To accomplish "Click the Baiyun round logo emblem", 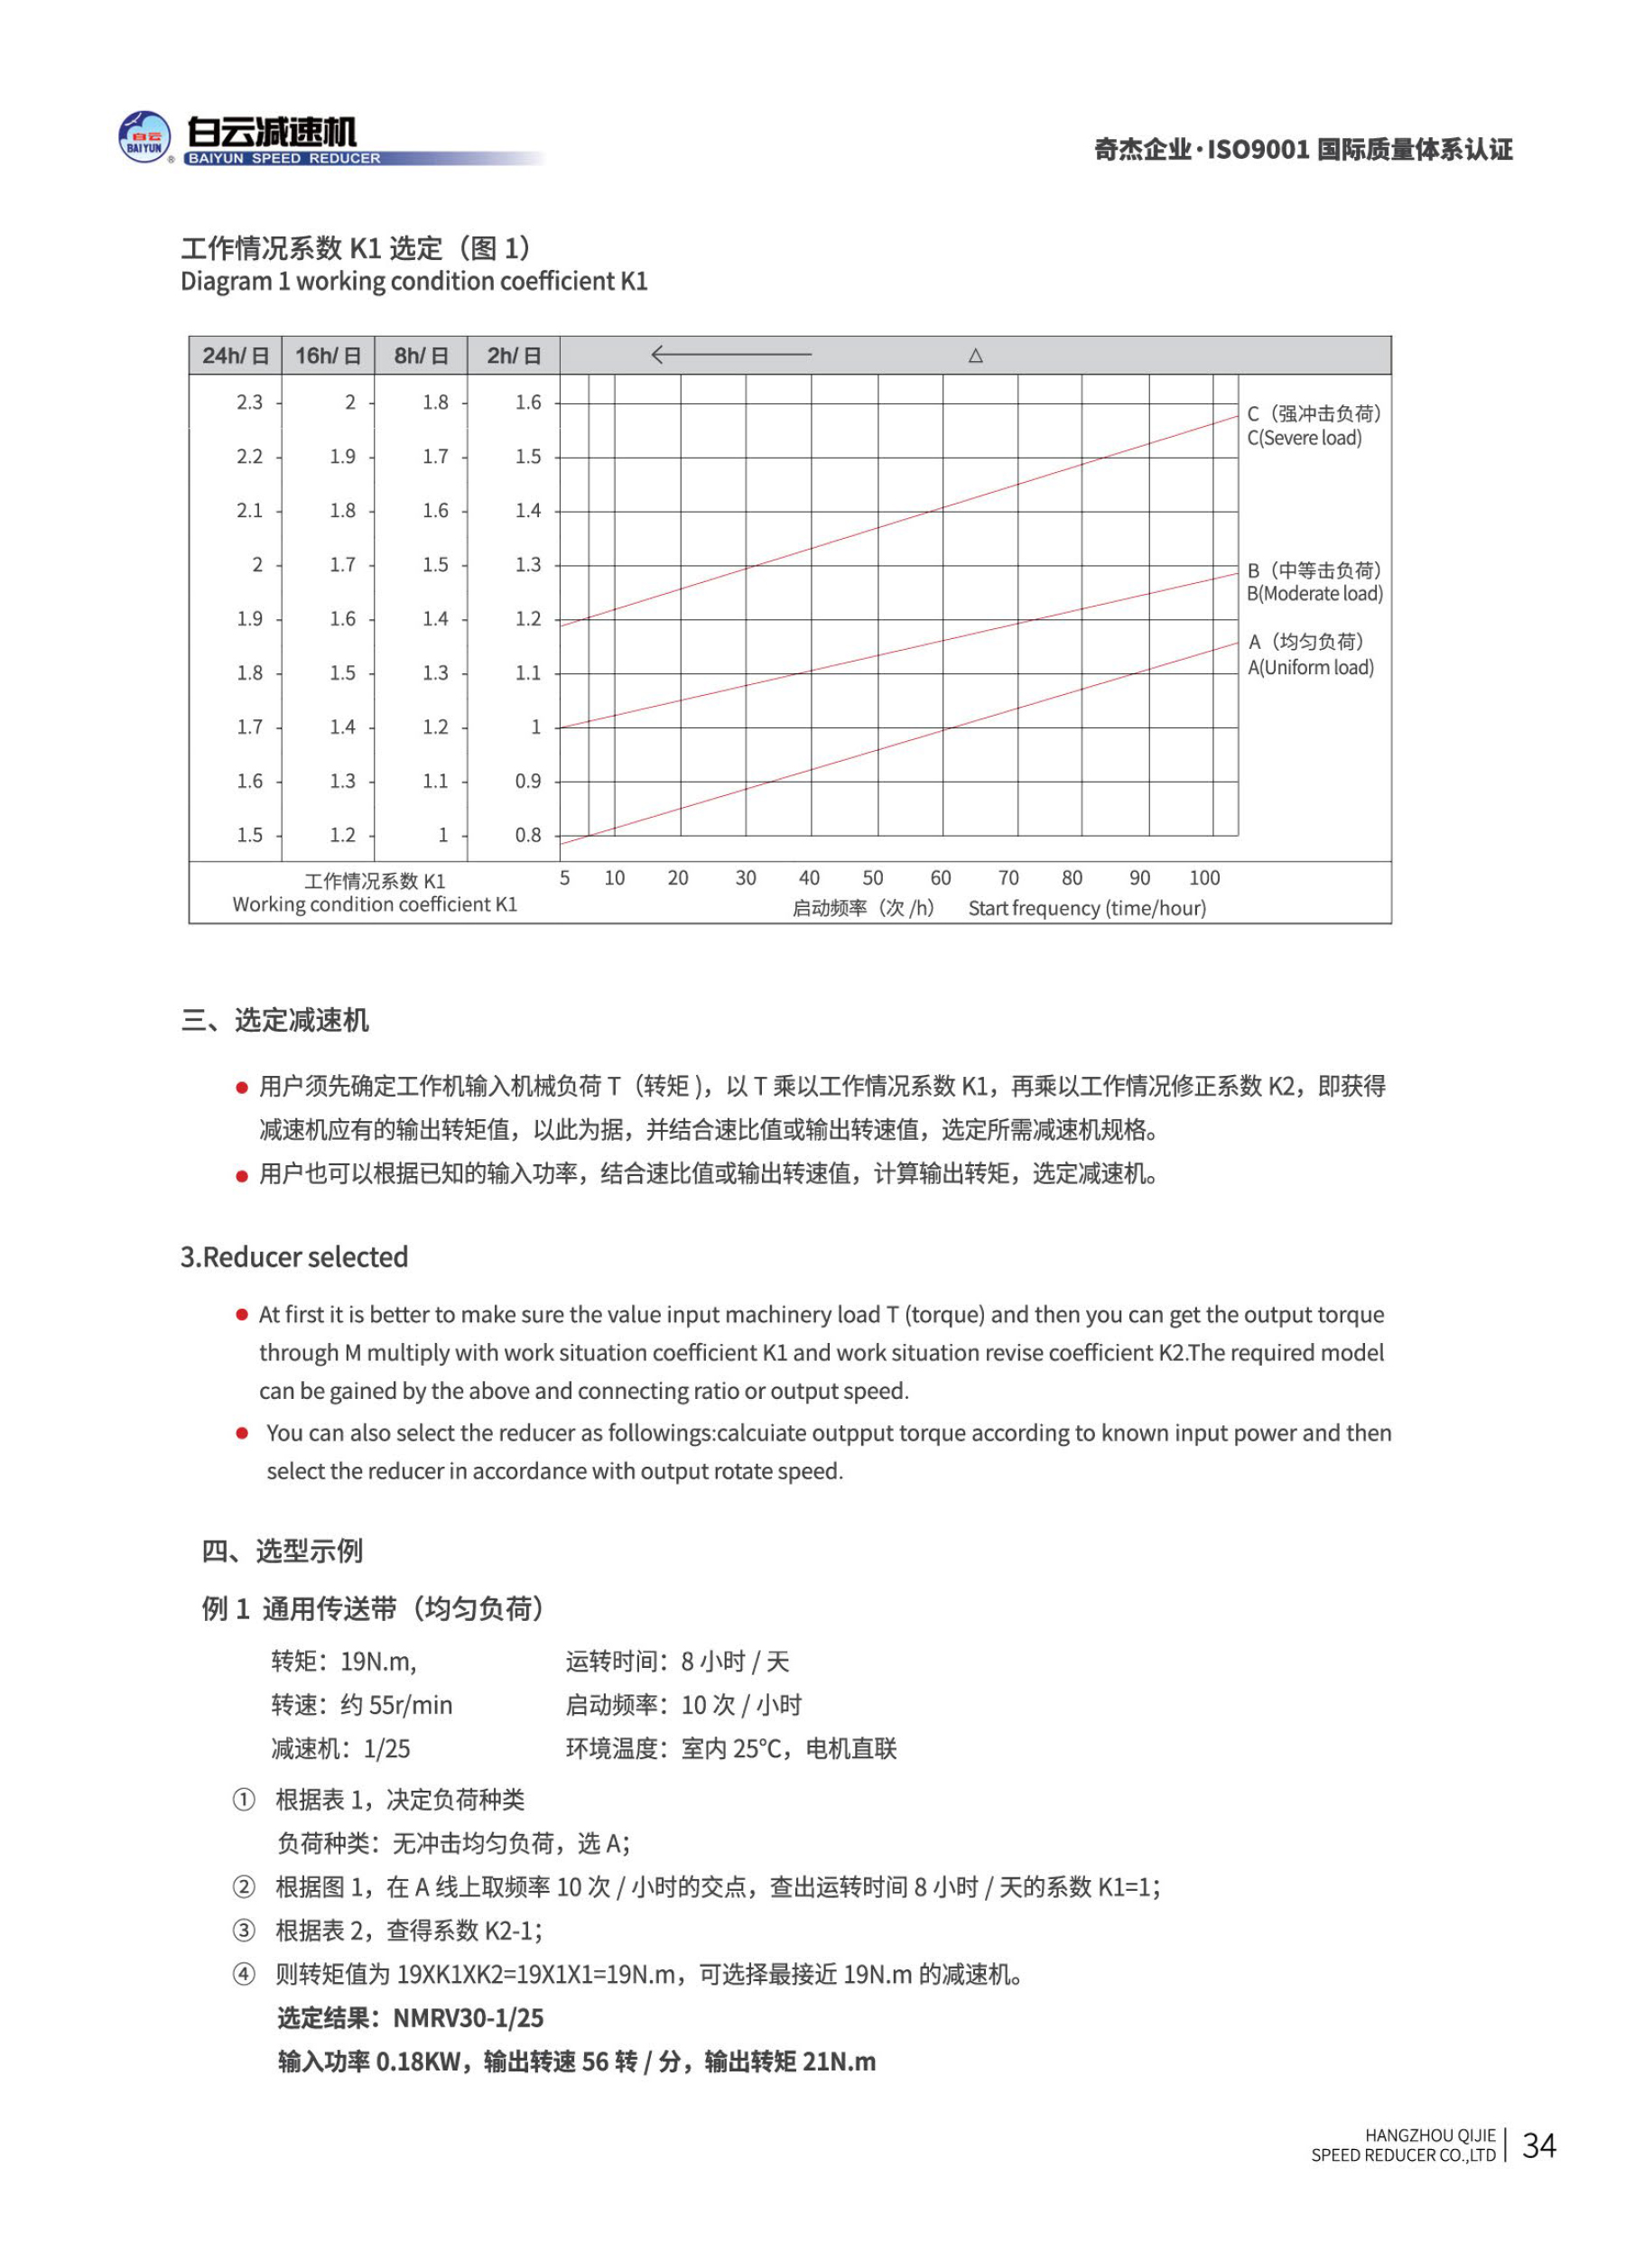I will pyautogui.click(x=144, y=137).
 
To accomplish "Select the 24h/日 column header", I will pyautogui.click(x=236, y=356).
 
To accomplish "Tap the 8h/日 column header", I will pyautogui.click(x=421, y=356).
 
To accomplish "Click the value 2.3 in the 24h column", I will pyautogui.click(x=249, y=402).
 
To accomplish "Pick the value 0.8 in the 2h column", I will pyautogui.click(x=527, y=835).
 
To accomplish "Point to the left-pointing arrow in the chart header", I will pyautogui.click(x=729, y=355).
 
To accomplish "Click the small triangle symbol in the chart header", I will pyautogui.click(x=975, y=356).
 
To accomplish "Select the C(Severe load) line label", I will pyautogui.click(x=1304, y=438).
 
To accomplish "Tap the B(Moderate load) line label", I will pyautogui.click(x=1314, y=594).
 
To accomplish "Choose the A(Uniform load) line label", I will pyautogui.click(x=1309, y=667).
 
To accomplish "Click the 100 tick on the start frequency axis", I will pyautogui.click(x=1203, y=877).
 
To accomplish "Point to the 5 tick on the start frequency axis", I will pyautogui.click(x=565, y=877).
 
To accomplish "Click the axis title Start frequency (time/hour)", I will pyautogui.click(x=1086, y=908).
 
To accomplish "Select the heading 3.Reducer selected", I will pyautogui.click(x=293, y=1257).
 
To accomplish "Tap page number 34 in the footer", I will pyautogui.click(x=1537, y=2144).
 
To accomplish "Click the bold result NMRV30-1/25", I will pyautogui.click(x=468, y=2018).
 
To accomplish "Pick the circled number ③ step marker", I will pyautogui.click(x=243, y=1931).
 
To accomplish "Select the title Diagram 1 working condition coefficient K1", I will pyautogui.click(x=414, y=282).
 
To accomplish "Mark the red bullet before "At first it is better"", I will pyautogui.click(x=241, y=1315).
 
